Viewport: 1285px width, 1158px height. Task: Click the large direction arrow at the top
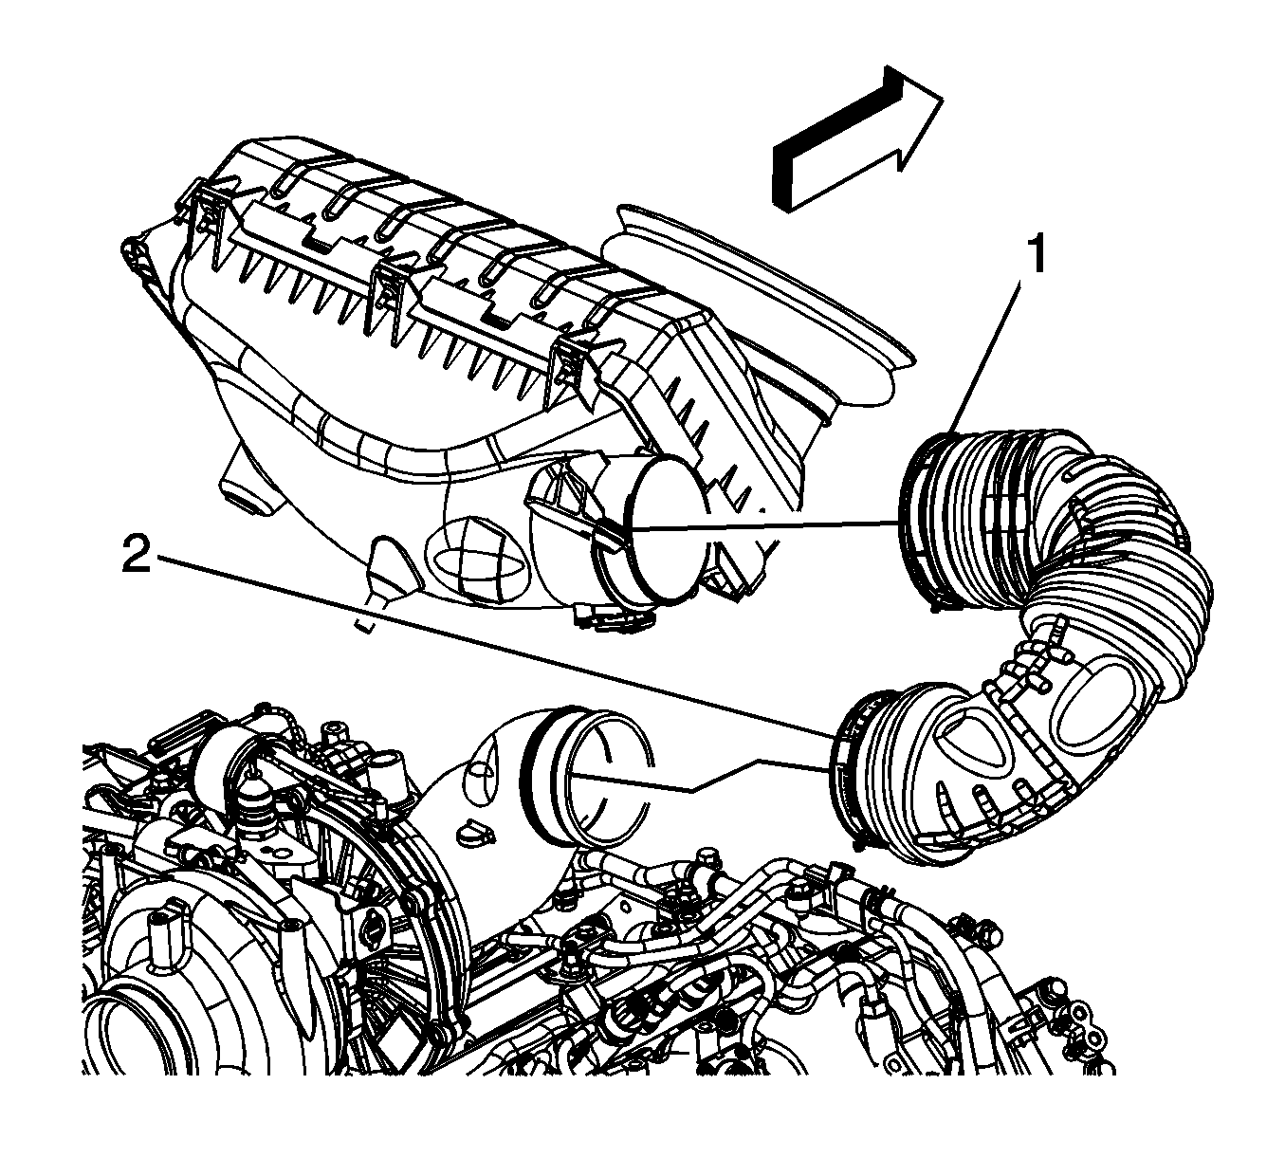click(858, 138)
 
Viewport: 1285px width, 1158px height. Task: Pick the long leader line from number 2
click(494, 647)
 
